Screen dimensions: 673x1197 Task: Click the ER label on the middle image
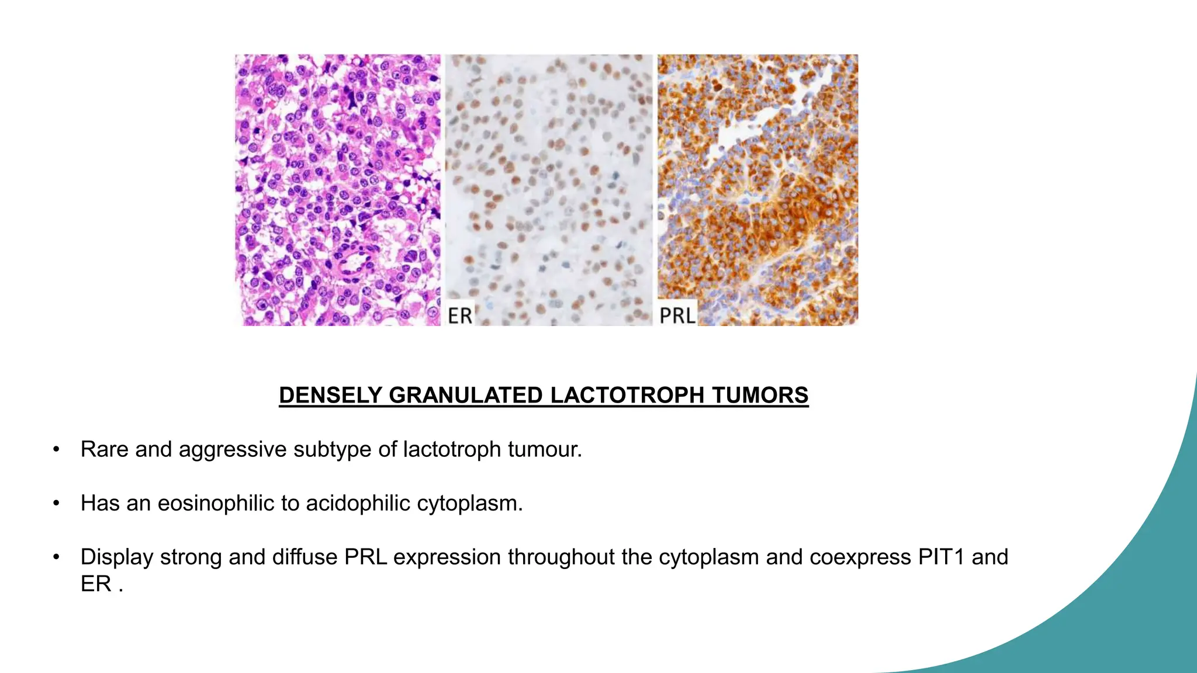(x=459, y=315)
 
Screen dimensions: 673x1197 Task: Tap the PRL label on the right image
(x=677, y=315)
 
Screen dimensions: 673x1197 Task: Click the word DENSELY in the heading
(x=331, y=396)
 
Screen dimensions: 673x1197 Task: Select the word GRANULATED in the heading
(x=466, y=396)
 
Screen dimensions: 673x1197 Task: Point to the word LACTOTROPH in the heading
(x=627, y=396)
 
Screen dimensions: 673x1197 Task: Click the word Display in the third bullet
(x=117, y=557)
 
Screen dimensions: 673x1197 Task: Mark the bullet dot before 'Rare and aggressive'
(x=56, y=449)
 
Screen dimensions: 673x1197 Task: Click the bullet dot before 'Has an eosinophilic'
(x=56, y=503)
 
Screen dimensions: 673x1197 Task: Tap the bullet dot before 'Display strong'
(x=56, y=557)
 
